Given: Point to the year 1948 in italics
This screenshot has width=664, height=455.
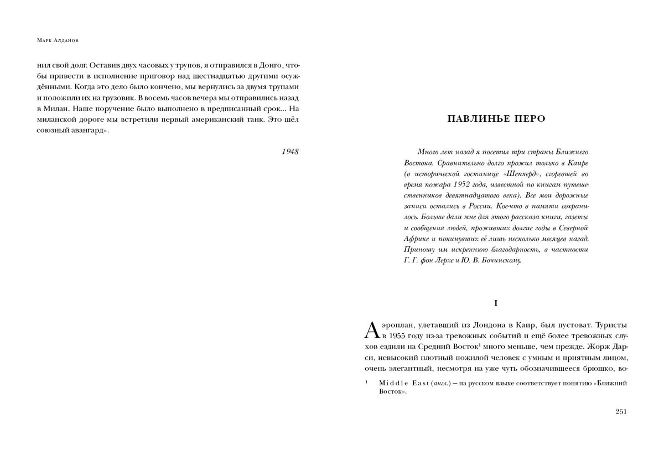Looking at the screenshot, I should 290,151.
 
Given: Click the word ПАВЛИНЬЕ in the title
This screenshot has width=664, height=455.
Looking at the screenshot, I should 474,119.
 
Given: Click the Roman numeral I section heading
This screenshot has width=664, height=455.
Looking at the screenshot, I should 496,303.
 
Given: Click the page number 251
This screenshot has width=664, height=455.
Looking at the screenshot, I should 621,411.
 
